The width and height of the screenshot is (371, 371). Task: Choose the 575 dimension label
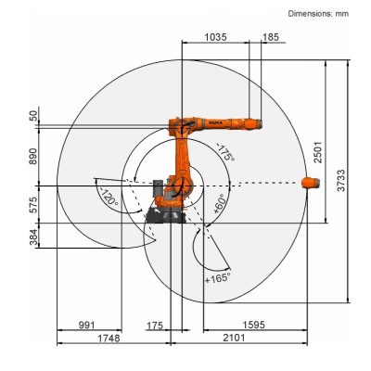34,204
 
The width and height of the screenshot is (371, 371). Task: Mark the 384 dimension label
34,239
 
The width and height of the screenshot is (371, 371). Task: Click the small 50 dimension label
34,117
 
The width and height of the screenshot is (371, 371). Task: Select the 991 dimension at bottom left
87,326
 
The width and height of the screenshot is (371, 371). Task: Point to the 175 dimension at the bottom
155,326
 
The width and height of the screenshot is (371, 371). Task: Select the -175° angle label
224,151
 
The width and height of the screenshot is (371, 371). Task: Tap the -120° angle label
109,197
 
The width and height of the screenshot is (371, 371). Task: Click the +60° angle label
221,204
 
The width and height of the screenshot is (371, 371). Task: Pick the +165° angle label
216,275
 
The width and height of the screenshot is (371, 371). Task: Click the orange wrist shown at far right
311,183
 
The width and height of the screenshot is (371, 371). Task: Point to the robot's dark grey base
165,215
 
